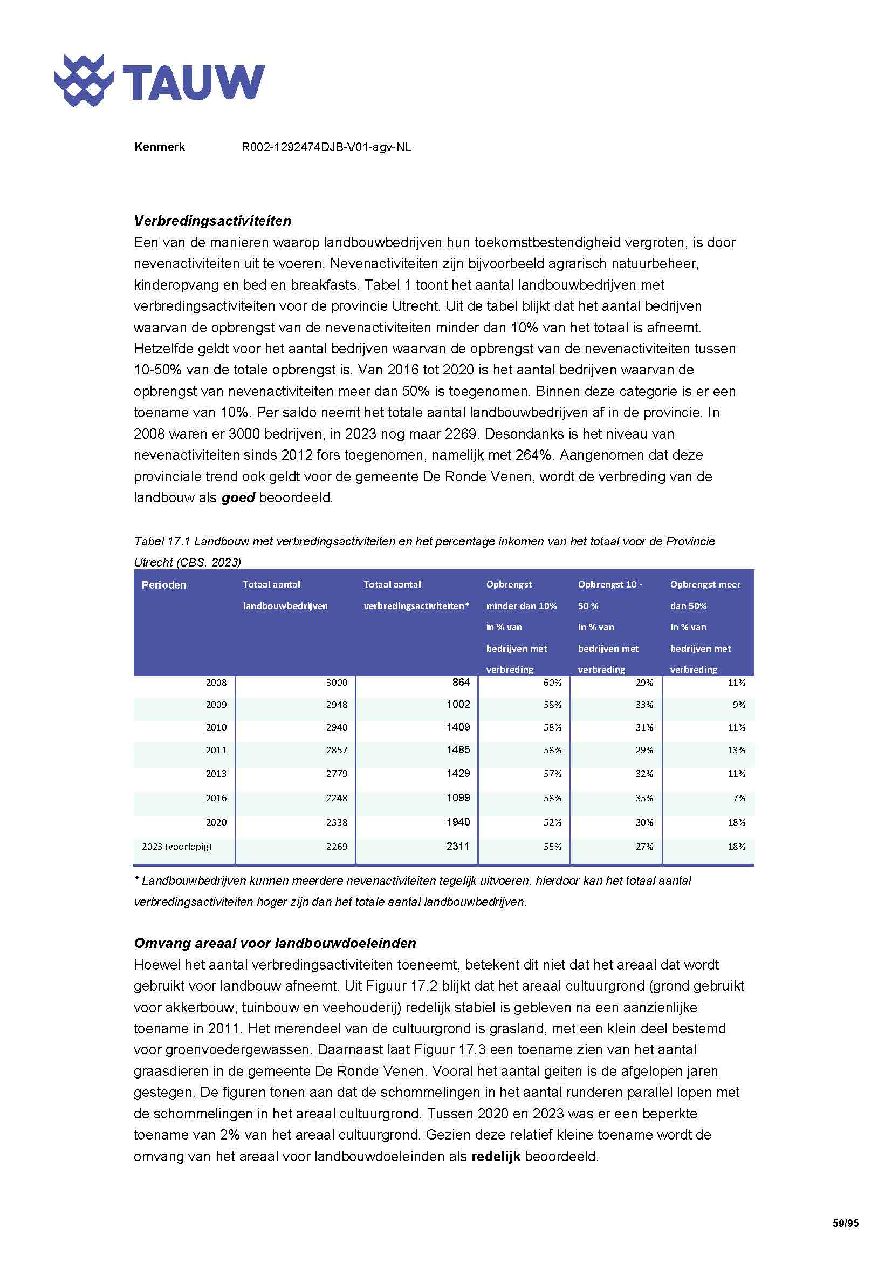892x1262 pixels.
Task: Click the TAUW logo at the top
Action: [159, 81]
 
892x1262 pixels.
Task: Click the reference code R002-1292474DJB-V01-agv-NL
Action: [326, 147]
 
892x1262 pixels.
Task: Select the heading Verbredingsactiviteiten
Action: [212, 221]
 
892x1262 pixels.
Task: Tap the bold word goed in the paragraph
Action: [238, 498]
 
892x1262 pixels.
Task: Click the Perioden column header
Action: [164, 585]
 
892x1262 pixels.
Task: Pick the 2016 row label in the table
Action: [216, 797]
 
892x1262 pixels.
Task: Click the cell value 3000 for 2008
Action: [336, 683]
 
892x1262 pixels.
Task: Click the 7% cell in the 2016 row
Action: [739, 797]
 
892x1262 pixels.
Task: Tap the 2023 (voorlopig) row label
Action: [176, 847]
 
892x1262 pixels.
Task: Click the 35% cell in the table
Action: [644, 797]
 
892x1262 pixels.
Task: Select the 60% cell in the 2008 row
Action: [552, 683]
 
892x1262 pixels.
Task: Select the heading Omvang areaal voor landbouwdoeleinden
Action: [275, 943]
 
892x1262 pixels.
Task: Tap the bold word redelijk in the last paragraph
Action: [496, 1156]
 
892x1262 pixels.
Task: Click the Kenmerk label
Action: [159, 147]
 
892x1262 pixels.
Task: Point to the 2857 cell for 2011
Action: [336, 750]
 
